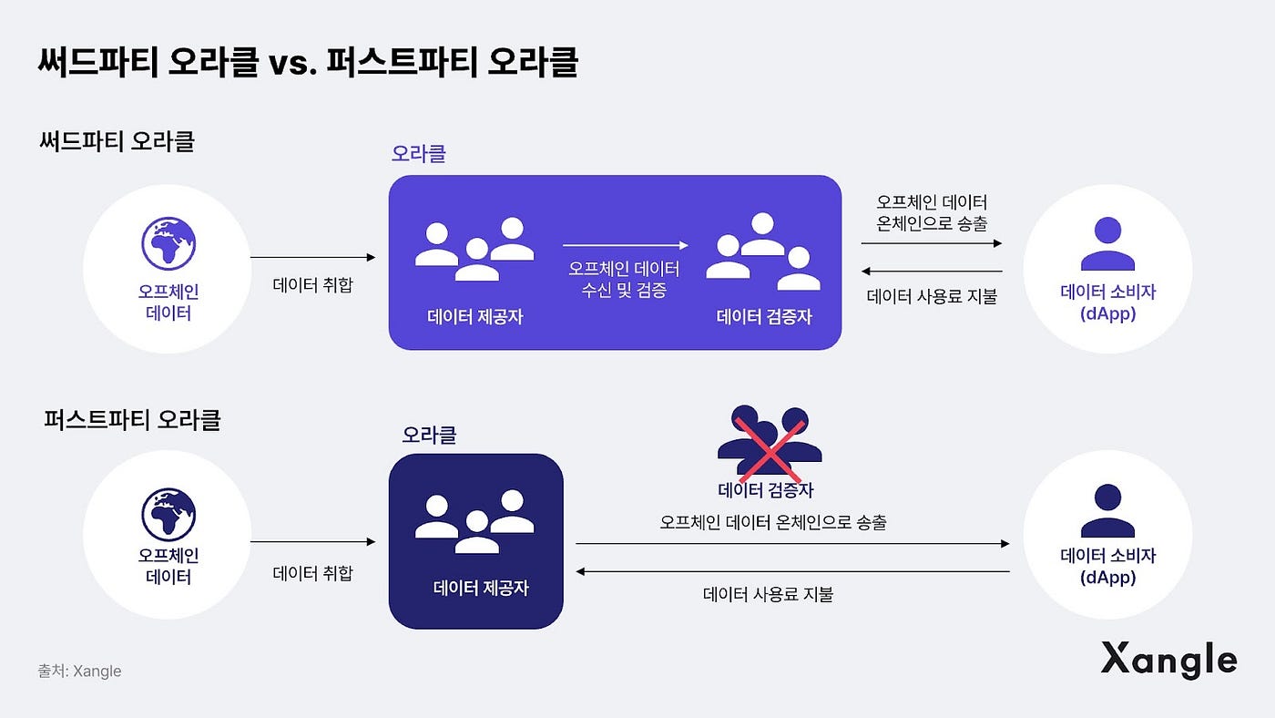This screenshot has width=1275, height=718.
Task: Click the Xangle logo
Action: pyautogui.click(x=1168, y=660)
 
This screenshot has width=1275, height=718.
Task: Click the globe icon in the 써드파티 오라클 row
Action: pyautogui.click(x=169, y=243)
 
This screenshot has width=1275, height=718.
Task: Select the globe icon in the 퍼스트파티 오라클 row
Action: pyautogui.click(x=169, y=515)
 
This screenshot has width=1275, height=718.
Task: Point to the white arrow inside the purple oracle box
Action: pyautogui.click(x=625, y=245)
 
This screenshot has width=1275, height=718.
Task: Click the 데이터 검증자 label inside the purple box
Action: pyautogui.click(x=764, y=317)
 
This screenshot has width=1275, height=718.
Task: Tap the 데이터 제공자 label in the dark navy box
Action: pyautogui.click(x=481, y=588)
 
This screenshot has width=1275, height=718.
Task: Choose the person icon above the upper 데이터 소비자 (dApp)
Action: pyautogui.click(x=1107, y=243)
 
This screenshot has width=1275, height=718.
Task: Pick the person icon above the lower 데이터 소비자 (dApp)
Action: pyautogui.click(x=1107, y=510)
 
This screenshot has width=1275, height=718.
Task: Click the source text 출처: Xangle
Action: pyautogui.click(x=79, y=672)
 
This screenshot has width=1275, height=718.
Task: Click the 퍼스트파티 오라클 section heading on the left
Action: pyautogui.click(x=132, y=420)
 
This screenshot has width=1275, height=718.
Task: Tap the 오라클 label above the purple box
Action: pyautogui.click(x=418, y=153)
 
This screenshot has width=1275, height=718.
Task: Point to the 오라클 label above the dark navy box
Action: pyautogui.click(x=429, y=435)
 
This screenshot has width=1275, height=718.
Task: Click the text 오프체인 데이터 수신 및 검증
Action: pyautogui.click(x=624, y=281)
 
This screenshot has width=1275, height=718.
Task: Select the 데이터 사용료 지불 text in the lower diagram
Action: pyautogui.click(x=769, y=595)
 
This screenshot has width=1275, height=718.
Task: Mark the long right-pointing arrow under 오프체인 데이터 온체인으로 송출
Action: pyautogui.click(x=792, y=543)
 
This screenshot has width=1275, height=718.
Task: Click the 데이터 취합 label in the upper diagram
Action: pyautogui.click(x=312, y=284)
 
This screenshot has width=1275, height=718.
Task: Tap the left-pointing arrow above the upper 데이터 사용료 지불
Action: pyautogui.click(x=932, y=271)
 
